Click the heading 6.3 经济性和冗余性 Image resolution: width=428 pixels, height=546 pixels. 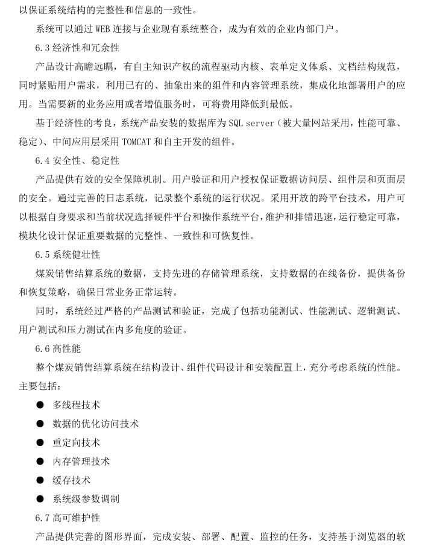pos(77,47)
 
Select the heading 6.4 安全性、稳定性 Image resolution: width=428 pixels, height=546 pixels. pos(77,161)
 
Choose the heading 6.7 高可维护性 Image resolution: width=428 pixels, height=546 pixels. pos(68,518)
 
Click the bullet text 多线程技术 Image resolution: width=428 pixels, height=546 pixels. pos(77,405)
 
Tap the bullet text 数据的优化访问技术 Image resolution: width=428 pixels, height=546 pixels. pos(95,424)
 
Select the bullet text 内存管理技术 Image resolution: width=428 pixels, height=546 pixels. pos(81,461)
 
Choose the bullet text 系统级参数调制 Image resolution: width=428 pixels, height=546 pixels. pos(86,499)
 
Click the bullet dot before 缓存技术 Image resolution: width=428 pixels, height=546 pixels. pos(40,480)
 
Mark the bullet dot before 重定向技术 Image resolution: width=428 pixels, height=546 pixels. pos(40,443)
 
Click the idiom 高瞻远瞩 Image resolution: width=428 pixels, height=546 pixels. pos(101,66)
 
